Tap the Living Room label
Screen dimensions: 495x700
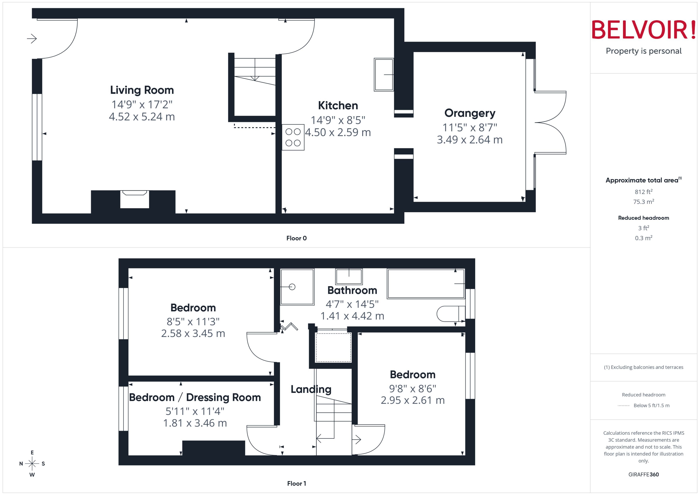pos(142,90)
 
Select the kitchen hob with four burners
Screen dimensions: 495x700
pos(293,137)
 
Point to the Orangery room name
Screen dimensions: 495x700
pos(470,113)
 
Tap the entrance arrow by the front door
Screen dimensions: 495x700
pos(32,39)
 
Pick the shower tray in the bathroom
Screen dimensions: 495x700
pos(297,287)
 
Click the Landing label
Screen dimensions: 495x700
pos(311,389)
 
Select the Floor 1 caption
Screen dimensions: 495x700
pos(296,483)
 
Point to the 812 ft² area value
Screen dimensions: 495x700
pos(643,192)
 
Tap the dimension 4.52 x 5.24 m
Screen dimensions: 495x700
pos(142,117)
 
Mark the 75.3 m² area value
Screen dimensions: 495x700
pos(643,202)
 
